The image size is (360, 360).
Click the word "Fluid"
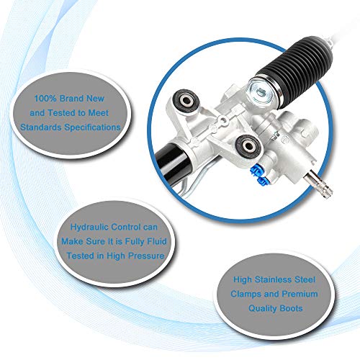(x=156, y=241)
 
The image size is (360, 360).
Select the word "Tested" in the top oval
(x=62, y=113)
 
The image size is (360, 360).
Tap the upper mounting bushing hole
(x=186, y=100)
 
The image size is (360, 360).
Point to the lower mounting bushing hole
(x=248, y=145)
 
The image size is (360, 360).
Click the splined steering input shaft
(x=319, y=184)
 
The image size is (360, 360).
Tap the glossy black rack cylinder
(x=171, y=163)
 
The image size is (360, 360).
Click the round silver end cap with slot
(x=261, y=91)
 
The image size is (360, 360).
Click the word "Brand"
(x=72, y=99)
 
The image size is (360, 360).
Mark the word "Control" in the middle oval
(x=126, y=227)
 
